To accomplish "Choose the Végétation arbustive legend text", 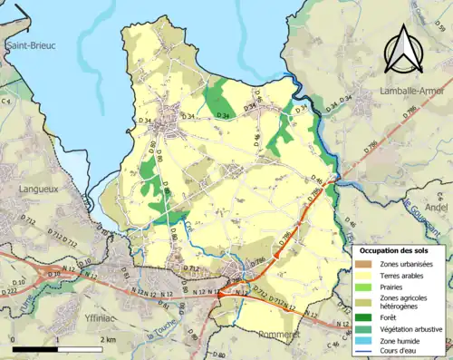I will pos(412,327).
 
